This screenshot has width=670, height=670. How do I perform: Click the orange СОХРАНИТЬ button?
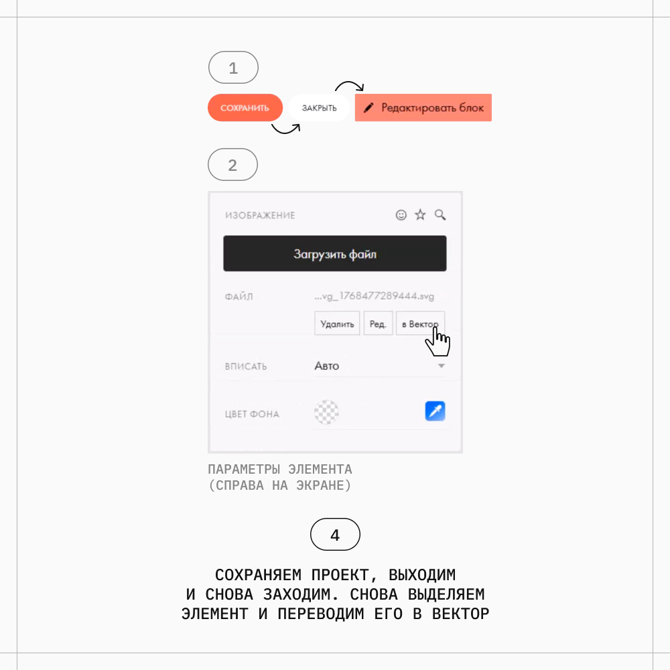pyautogui.click(x=245, y=108)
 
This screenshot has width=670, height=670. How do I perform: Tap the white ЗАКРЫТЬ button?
pyautogui.click(x=319, y=108)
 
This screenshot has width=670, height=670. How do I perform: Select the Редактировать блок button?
pyautogui.click(x=423, y=108)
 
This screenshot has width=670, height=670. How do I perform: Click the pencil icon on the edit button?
pyautogui.click(x=368, y=108)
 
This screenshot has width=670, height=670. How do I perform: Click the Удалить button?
pyautogui.click(x=337, y=324)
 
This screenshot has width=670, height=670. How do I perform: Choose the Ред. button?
pyautogui.click(x=378, y=324)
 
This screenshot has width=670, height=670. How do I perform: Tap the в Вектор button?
pyautogui.click(x=421, y=324)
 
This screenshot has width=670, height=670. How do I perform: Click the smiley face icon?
pyautogui.click(x=401, y=215)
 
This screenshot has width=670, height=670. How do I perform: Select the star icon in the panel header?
pyautogui.click(x=421, y=214)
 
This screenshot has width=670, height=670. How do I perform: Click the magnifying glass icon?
pyautogui.click(x=440, y=215)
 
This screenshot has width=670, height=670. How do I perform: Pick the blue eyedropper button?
pyautogui.click(x=435, y=411)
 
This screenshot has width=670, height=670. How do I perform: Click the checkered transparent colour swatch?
pyautogui.click(x=326, y=412)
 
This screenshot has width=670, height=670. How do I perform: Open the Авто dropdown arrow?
pyautogui.click(x=442, y=366)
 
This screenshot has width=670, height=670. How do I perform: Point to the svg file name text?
pyautogui.click(x=375, y=296)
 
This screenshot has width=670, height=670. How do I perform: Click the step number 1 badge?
pyautogui.click(x=233, y=68)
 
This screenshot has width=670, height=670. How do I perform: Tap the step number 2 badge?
pyautogui.click(x=233, y=165)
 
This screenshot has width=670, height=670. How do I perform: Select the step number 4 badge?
pyautogui.click(x=335, y=535)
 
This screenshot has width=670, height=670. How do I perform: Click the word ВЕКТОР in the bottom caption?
pyautogui.click(x=460, y=614)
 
